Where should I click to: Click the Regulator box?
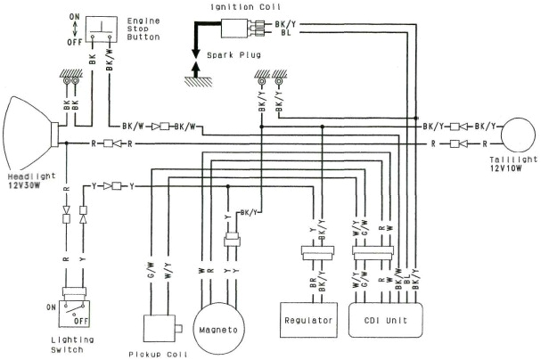pos(307,320)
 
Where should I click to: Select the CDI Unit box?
pos(385,320)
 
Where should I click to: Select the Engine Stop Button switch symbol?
pos(101,29)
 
